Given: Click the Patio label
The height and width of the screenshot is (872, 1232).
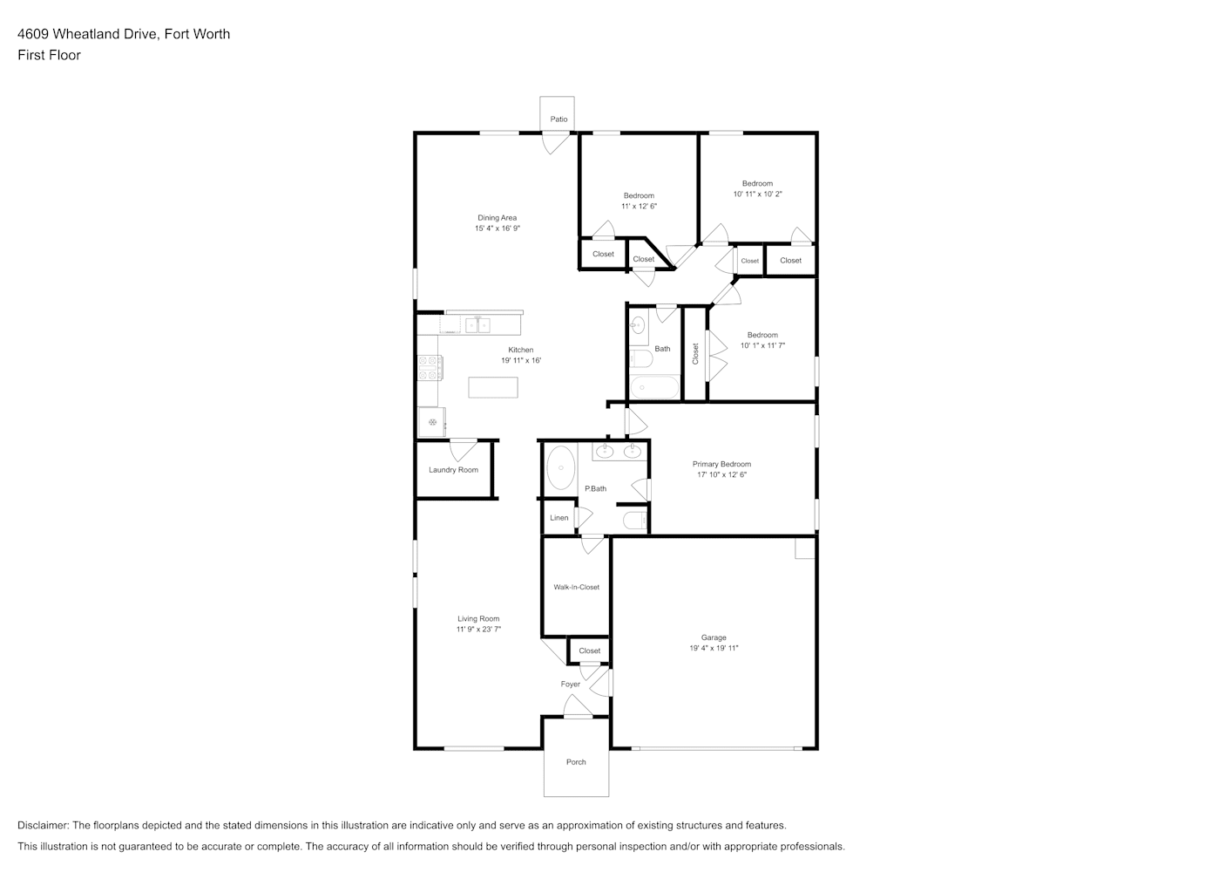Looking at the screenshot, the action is click(558, 119).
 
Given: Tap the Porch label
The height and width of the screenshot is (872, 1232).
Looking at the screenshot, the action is click(576, 762).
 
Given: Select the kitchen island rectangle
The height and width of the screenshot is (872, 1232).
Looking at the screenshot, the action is click(493, 387).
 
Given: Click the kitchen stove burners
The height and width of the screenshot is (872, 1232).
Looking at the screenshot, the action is click(430, 368).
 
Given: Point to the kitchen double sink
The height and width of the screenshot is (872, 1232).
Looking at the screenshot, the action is click(477, 325).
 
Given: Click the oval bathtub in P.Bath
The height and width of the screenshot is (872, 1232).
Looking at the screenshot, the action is click(560, 467).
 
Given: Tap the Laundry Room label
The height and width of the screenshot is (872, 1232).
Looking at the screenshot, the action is click(453, 470).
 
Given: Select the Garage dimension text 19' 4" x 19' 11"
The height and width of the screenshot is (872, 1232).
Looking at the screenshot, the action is click(714, 648).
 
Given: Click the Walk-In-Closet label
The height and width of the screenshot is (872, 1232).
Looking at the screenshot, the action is click(577, 587).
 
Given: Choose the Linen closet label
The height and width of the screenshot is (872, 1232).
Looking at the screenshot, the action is click(558, 517).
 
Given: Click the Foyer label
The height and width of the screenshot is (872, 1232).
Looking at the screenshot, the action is click(571, 685).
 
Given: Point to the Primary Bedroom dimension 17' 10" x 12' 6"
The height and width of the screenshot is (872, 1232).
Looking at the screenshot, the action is click(721, 474).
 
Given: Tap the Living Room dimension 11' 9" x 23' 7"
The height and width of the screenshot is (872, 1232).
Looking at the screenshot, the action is click(478, 630).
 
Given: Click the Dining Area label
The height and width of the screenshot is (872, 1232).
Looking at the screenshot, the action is click(498, 217).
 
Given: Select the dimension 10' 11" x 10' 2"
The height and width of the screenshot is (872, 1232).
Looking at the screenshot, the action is click(757, 194).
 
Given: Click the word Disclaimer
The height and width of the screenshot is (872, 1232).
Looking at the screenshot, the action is click(43, 825).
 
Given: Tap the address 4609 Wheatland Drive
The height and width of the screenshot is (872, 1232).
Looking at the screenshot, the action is click(89, 34).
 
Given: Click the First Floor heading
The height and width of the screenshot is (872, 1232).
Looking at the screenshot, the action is click(49, 55).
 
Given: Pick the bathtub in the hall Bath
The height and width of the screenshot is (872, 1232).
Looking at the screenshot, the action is click(654, 387).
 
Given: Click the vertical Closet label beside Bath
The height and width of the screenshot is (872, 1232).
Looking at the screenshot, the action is click(694, 353).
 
